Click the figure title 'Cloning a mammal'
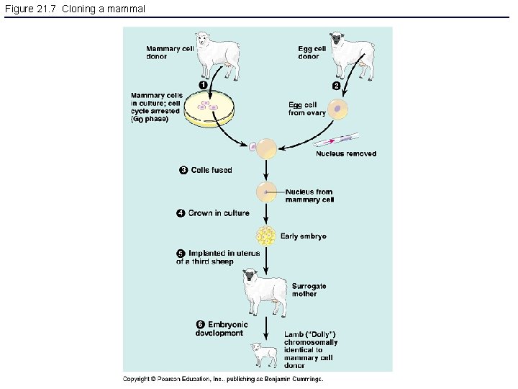[75, 9]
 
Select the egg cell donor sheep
[353, 53]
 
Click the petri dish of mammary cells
[209, 109]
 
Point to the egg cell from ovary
[338, 109]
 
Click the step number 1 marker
[204, 86]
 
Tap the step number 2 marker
[335, 86]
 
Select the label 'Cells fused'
[212, 170]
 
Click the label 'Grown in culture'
[219, 213]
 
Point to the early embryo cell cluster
[266, 236]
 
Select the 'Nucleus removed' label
[346, 153]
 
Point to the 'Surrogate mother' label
[309, 290]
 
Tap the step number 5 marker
[181, 254]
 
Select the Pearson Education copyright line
[223, 378]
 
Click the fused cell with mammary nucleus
[267, 192]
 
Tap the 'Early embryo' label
[304, 236]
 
